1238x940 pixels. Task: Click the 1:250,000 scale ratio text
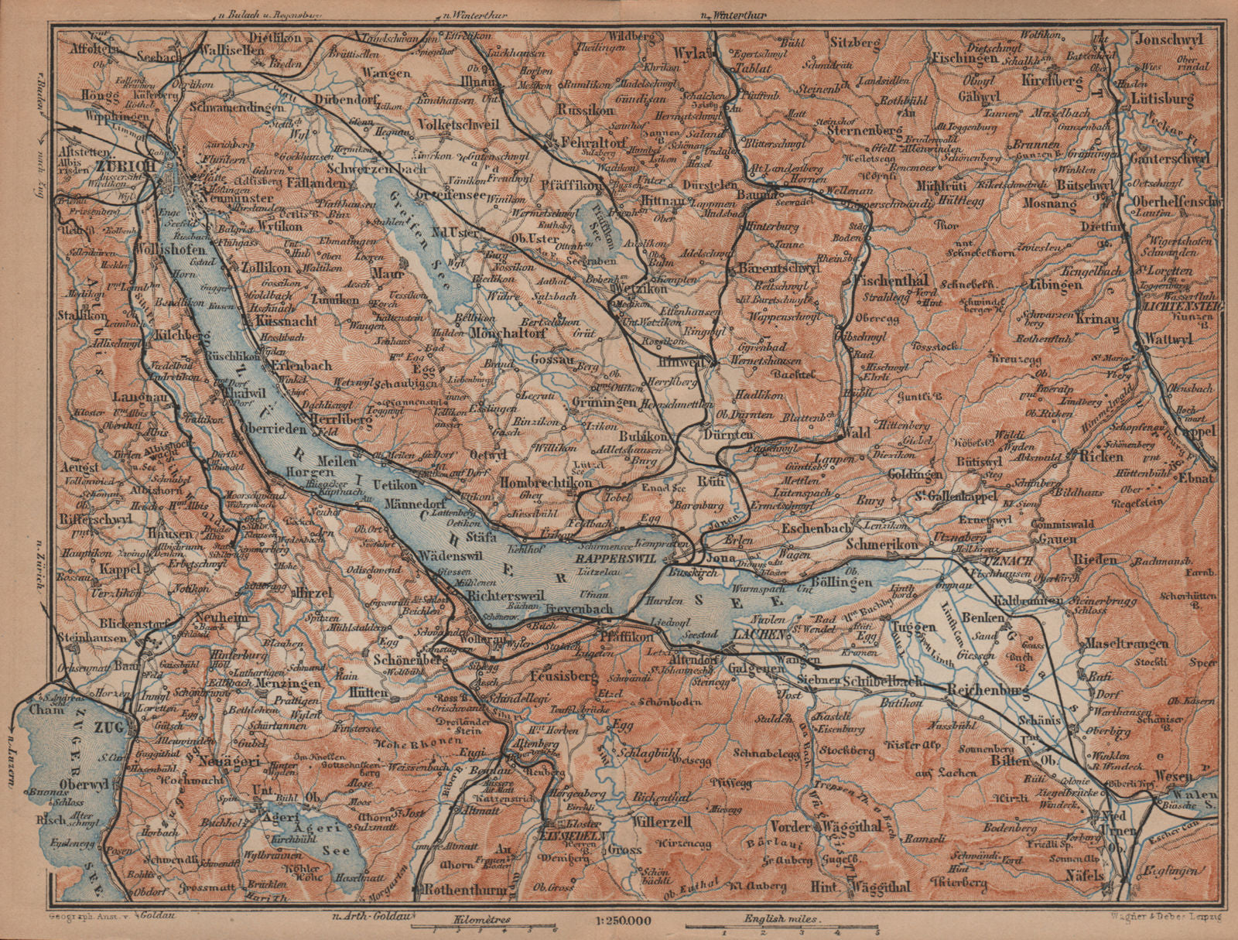click(619, 920)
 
